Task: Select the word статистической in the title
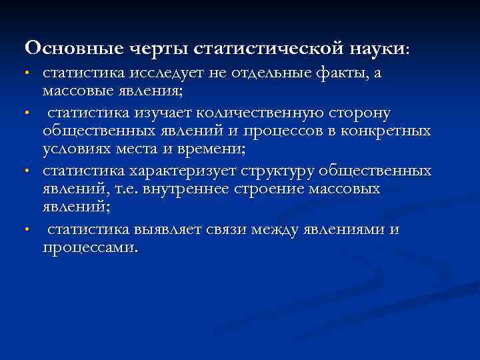(269, 49)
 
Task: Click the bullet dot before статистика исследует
(27, 73)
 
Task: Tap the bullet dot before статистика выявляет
(27, 230)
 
